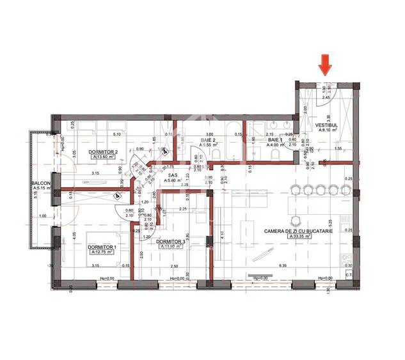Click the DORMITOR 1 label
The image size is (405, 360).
tap(102, 247)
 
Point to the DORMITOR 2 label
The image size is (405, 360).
tap(104, 151)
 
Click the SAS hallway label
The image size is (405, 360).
tap(172, 174)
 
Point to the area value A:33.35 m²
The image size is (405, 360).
tap(299, 236)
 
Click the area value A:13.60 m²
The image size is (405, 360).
tap(103, 157)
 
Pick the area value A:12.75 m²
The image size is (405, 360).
tap(102, 252)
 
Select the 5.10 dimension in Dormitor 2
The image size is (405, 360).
tap(116, 134)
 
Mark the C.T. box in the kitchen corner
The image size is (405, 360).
tap(349, 276)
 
